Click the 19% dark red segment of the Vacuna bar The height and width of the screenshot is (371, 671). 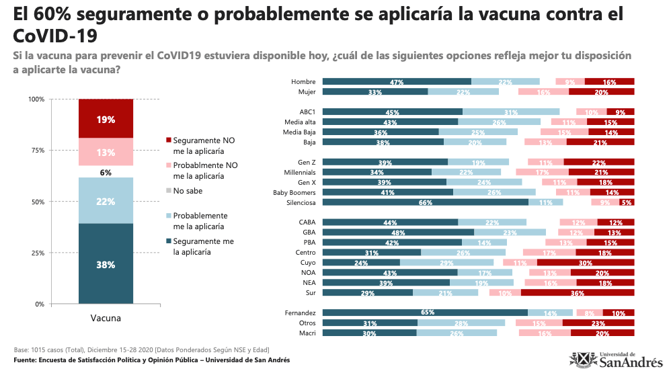coord(106,119)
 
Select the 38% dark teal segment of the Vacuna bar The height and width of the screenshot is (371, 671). coord(106,264)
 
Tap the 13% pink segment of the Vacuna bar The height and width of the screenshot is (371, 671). coord(106,152)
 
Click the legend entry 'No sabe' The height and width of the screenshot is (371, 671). coord(188,191)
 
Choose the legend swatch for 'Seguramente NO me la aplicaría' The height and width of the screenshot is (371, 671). coord(168,140)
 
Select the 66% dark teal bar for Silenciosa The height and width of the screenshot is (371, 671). coord(426,202)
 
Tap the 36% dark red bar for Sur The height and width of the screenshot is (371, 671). coord(578,293)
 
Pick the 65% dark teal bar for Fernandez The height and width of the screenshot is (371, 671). coord(425,313)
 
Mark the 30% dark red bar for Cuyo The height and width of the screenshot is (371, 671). coord(586,263)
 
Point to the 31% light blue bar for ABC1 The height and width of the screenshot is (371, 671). coord(511,112)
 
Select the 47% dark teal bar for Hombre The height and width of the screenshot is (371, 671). coord(397,82)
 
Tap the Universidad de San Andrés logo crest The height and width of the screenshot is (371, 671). coord(579,360)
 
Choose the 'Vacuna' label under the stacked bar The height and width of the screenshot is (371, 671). coord(106,318)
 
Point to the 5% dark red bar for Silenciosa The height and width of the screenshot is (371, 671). coord(627,202)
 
